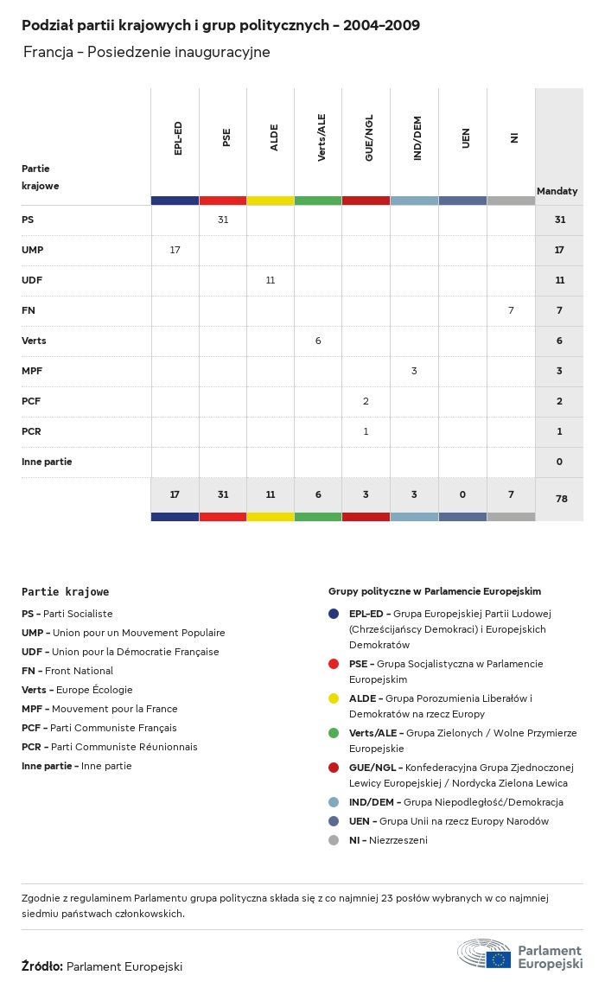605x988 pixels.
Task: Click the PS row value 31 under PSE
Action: click(223, 220)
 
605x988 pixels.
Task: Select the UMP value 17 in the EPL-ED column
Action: click(175, 250)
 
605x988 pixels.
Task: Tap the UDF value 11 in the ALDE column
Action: click(271, 280)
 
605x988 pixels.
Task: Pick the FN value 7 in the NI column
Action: click(511, 310)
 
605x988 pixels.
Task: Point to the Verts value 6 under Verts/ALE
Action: click(318, 341)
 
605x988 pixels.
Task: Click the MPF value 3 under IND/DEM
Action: click(414, 371)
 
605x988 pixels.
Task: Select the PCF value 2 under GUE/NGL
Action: click(366, 401)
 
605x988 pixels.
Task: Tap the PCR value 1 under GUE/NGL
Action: click(366, 431)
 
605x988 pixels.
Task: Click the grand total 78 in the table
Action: click(559, 499)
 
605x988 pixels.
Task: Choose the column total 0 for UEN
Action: click(462, 494)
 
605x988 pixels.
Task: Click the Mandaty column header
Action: click(557, 191)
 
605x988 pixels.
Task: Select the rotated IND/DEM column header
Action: click(417, 138)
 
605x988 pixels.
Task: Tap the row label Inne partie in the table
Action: click(47, 462)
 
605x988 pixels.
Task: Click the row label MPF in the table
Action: click(32, 371)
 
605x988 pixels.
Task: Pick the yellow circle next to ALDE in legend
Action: click(334, 698)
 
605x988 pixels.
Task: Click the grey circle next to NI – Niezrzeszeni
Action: click(334, 840)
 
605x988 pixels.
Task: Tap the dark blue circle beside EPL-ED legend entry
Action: click(334, 614)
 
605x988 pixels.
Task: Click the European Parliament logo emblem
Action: click(484, 953)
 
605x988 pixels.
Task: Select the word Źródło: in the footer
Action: click(42, 966)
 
